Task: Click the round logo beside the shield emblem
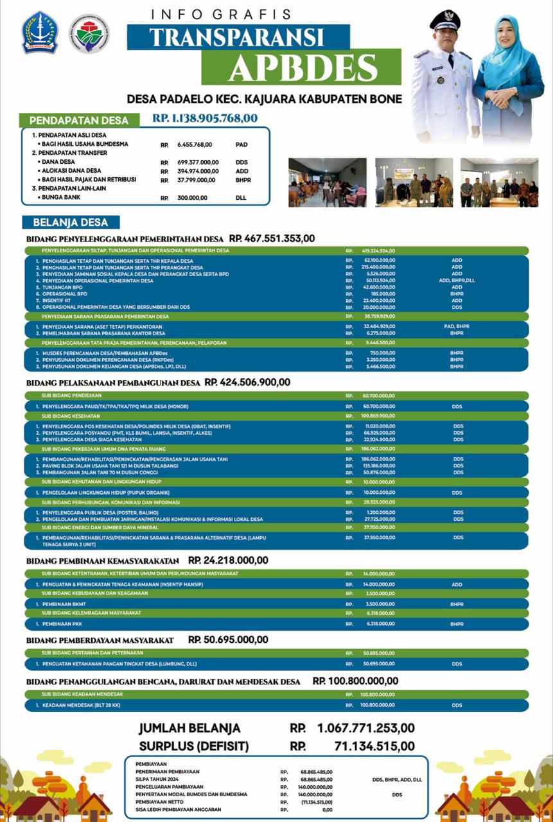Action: (89, 33)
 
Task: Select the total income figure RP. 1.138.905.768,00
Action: (205, 118)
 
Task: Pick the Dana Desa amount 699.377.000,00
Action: (198, 162)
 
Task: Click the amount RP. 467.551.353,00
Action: (272, 238)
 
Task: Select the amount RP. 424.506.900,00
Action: (247, 382)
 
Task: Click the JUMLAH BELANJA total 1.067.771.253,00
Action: (365, 728)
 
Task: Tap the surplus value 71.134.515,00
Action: (374, 746)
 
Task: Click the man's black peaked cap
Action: (444, 19)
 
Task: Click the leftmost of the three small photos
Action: (327, 182)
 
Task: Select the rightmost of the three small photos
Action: (498, 182)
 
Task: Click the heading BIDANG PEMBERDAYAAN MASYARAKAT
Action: (100, 640)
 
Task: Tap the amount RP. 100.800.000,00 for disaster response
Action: (355, 681)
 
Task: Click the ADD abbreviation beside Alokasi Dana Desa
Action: (241, 171)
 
